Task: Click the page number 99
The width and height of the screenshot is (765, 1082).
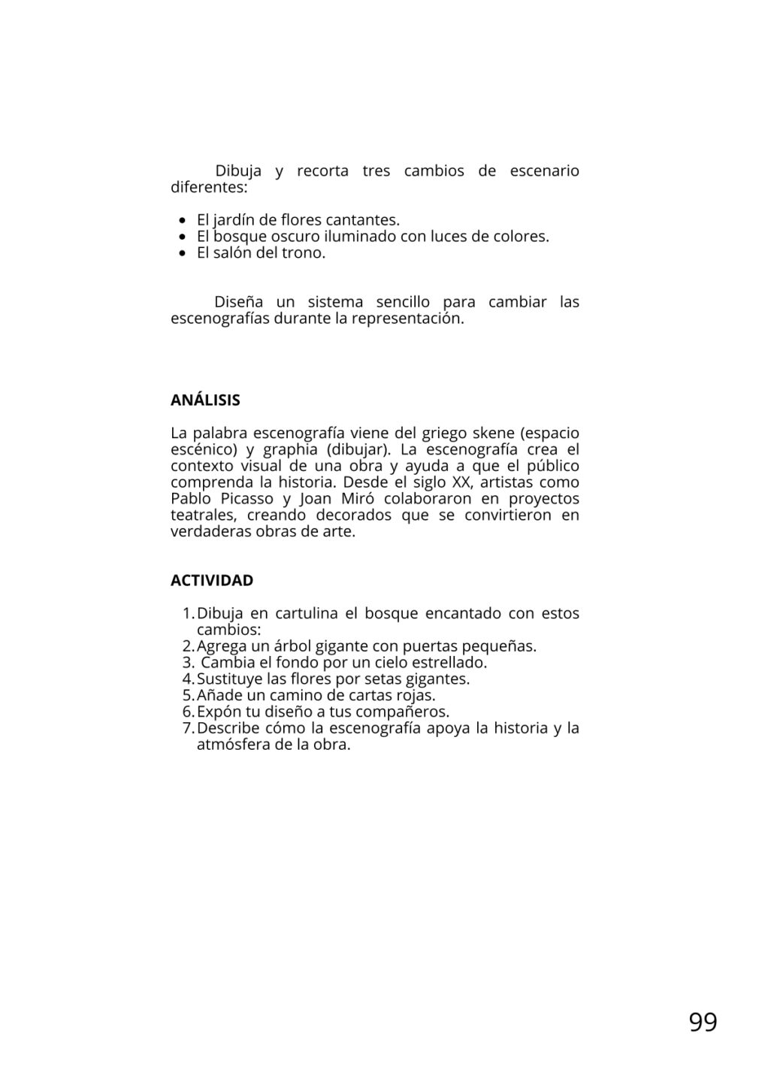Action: pos(703,1022)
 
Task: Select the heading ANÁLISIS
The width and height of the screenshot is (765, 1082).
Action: pos(205,400)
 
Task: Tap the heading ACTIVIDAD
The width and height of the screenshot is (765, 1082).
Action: pos(212,580)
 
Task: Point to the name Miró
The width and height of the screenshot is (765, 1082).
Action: pos(349,499)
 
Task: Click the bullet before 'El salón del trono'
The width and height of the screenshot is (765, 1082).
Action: pos(183,253)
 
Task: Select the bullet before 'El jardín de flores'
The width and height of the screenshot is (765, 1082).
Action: pos(183,220)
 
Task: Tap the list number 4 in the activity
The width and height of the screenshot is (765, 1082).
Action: pos(188,679)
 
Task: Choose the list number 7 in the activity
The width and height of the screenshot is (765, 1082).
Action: pos(188,728)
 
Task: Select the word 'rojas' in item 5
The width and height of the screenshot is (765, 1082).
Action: pos(416,695)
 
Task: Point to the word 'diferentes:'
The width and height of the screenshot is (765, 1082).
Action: pos(209,187)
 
